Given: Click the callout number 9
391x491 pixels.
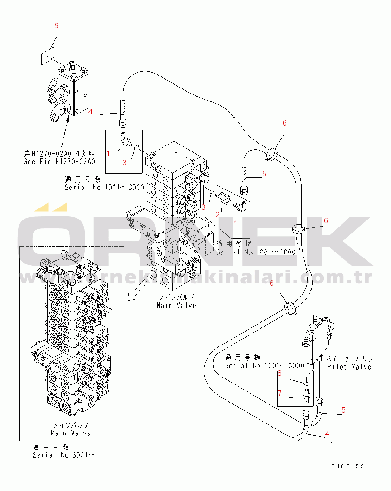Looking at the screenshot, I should (57, 26).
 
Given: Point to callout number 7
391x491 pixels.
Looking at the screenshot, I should (280, 393).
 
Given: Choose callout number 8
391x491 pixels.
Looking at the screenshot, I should (280, 373).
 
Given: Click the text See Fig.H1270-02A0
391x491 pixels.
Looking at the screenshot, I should (59, 162).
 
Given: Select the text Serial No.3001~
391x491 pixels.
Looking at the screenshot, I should (64, 455).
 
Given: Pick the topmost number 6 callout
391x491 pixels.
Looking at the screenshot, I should (284, 123).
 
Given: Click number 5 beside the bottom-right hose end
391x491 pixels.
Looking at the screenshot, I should (343, 410).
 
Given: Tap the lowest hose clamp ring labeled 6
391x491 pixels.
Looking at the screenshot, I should (289, 307).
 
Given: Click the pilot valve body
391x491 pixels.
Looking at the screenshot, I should (317, 336).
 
